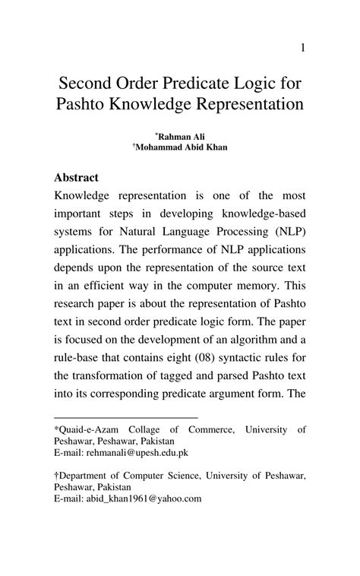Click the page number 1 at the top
[x=302, y=48]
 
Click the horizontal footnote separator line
[x=125, y=417]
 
